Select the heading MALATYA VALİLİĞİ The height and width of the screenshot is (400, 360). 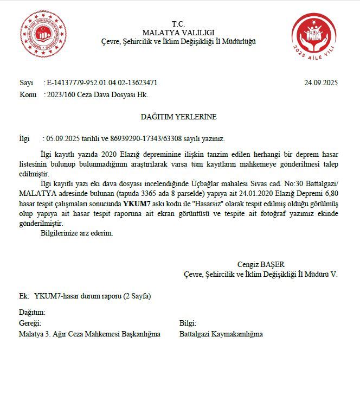coord(178,33)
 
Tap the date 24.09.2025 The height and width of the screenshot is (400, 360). coord(321,83)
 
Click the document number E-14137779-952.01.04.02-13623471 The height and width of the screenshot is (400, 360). coord(102,83)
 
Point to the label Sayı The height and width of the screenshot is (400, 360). coord(26,83)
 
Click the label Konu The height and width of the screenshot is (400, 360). coord(28,94)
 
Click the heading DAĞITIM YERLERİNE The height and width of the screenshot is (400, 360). coord(178,117)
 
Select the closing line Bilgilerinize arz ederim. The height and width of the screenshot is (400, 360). coord(77,233)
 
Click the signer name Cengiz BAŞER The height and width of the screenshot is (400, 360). coord(261,264)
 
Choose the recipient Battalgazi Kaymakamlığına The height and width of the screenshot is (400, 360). coord(221,334)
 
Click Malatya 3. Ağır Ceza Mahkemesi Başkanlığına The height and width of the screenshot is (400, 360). coord(89,334)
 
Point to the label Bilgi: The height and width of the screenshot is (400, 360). coord(188,323)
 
